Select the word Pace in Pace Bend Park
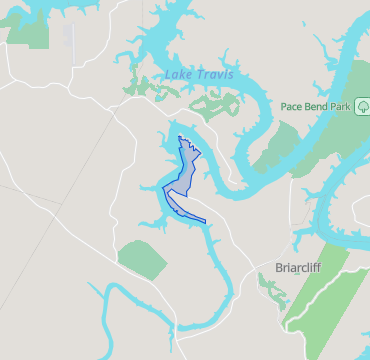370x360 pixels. tap(293, 106)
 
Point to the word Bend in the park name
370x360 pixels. tap(318, 106)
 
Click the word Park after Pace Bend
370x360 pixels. tap(342, 106)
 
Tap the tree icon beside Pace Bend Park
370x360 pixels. tap(363, 106)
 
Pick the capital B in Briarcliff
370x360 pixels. tap(279, 268)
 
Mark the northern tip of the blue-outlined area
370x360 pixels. tap(179, 137)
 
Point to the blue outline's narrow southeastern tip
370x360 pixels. tap(204, 220)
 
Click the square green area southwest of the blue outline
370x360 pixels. tap(143, 259)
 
